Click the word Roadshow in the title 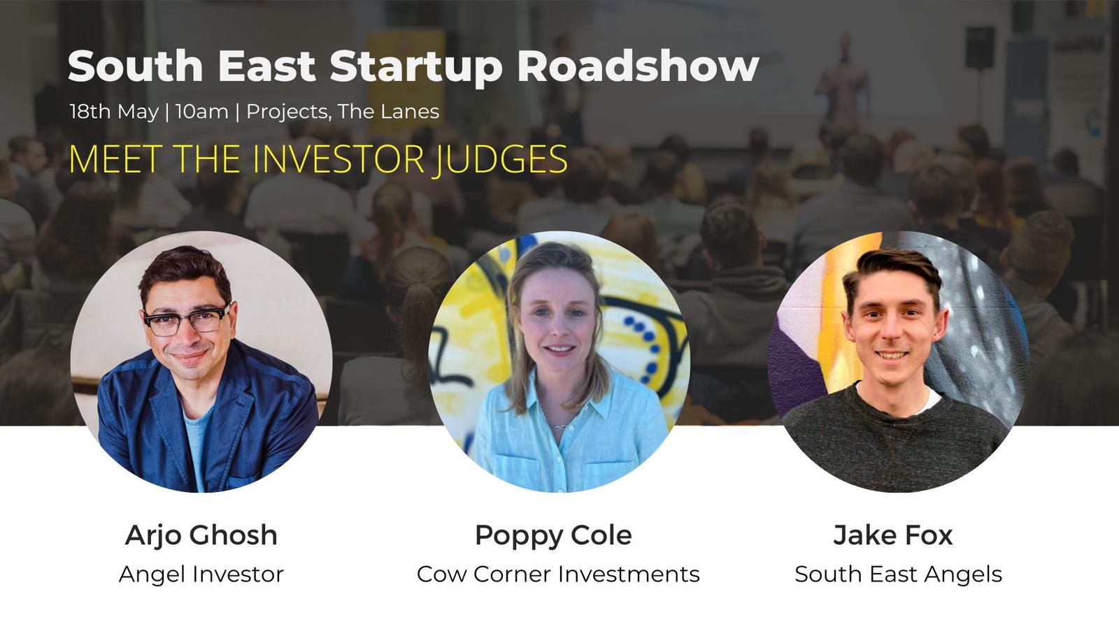tap(639, 66)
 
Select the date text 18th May tap(114, 112)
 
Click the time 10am tap(202, 112)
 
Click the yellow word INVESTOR tap(338, 159)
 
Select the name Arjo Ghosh tap(201, 536)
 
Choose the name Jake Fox tap(892, 535)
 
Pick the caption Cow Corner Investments tap(558, 574)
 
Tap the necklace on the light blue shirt tap(559, 424)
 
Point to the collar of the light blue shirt tap(559, 394)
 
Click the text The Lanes tap(388, 112)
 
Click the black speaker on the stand tap(980, 48)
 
